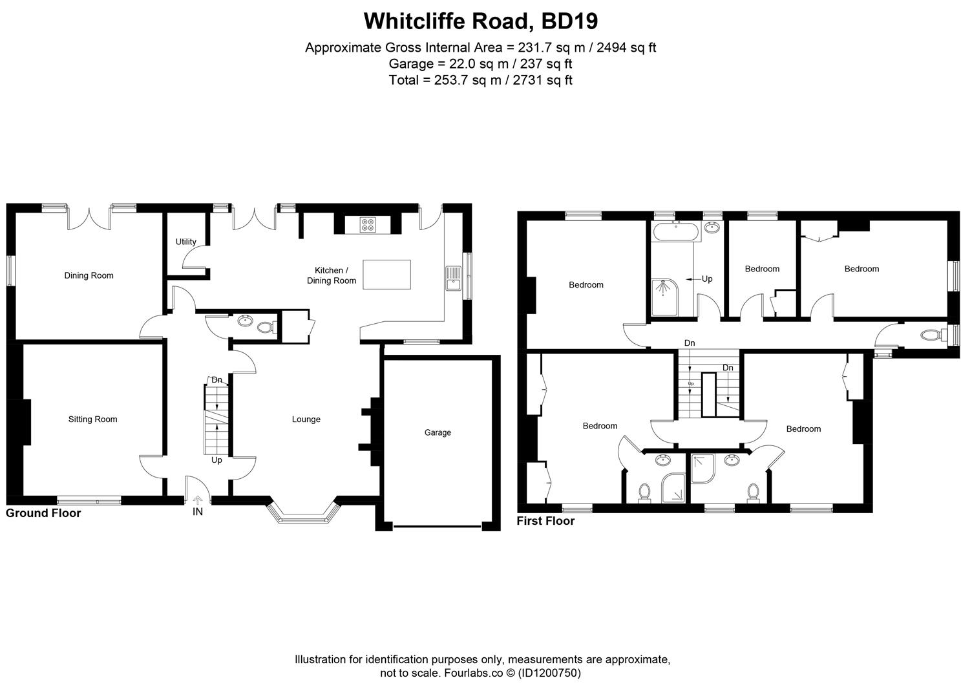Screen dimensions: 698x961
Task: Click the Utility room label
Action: (185, 242)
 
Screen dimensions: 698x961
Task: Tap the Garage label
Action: (438, 432)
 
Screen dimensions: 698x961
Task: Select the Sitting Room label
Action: (92, 419)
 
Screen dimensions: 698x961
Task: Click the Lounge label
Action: (306, 419)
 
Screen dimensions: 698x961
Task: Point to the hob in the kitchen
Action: (368, 225)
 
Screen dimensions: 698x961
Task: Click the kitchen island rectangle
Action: (386, 274)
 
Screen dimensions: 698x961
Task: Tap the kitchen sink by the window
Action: (452, 278)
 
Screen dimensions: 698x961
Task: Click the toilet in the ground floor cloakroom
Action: (265, 327)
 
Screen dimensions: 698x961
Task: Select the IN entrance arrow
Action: (198, 499)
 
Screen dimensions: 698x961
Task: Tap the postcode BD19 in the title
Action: (569, 21)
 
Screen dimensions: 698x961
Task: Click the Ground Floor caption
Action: (43, 513)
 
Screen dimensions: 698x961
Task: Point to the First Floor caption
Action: (545, 521)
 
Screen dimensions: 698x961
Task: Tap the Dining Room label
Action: (89, 275)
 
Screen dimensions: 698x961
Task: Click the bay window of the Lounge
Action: (304, 515)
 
